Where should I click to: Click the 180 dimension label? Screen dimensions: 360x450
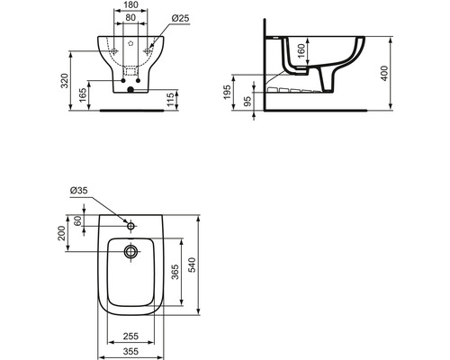tap(131, 6)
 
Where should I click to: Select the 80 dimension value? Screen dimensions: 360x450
tap(131, 18)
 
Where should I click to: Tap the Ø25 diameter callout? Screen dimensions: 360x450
tap(180, 18)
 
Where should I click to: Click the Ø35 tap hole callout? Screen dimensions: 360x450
tap(77, 190)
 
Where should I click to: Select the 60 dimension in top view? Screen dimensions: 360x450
tap(76, 220)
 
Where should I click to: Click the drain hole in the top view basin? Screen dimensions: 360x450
tap(130, 252)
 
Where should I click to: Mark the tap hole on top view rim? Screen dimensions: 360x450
tap(130, 220)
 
